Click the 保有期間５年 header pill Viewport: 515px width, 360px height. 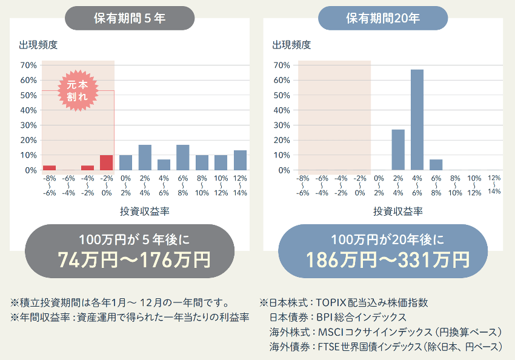(x=130, y=18)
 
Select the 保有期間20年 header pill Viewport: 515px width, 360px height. (x=383, y=18)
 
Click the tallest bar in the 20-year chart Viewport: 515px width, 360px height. (x=417, y=119)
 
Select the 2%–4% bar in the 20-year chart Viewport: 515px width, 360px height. (x=398, y=150)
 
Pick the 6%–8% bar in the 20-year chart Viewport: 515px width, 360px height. (x=436, y=165)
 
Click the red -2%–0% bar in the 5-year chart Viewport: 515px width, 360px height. (x=107, y=162)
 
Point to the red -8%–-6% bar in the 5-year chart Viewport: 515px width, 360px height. (x=49, y=168)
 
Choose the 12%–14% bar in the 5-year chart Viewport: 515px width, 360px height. (x=240, y=160)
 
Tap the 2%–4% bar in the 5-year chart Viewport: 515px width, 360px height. (x=145, y=158)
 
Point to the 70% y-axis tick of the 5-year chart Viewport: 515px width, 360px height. (x=28, y=65)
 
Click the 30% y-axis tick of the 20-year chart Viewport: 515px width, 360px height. (x=281, y=125)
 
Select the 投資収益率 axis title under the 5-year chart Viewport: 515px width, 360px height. (x=145, y=211)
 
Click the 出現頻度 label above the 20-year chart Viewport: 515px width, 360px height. (x=291, y=45)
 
